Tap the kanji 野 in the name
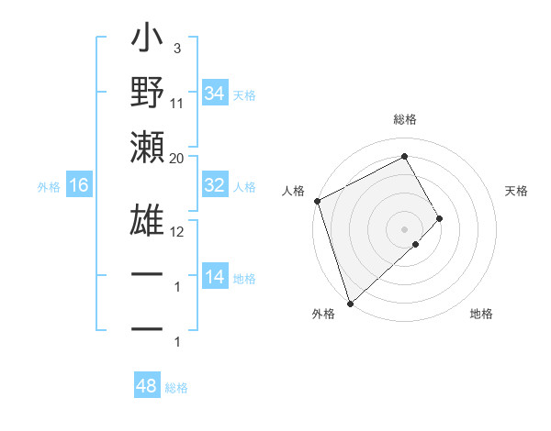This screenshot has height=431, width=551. coord(147,94)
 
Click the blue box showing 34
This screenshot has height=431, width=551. coord(215,93)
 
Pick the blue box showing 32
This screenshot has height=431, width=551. coord(215,184)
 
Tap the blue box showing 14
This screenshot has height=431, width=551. coord(215,277)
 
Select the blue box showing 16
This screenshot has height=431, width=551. coord(79,186)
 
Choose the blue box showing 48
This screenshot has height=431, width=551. coord(147,386)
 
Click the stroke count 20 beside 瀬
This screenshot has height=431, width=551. coord(177,159)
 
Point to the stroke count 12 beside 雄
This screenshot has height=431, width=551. coord(177,231)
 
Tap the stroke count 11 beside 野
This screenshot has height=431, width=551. coord(177,104)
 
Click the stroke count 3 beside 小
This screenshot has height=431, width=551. coord(176,49)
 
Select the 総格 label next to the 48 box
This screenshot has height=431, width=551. coord(176,388)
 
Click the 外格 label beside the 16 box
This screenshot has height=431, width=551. coord(49,187)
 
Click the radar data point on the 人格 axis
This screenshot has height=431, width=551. coord(317,201)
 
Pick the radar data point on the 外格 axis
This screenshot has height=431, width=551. coord(350,302)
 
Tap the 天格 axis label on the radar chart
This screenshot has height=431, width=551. coord(517,191)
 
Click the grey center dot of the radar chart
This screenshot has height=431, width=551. coord(404,227)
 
